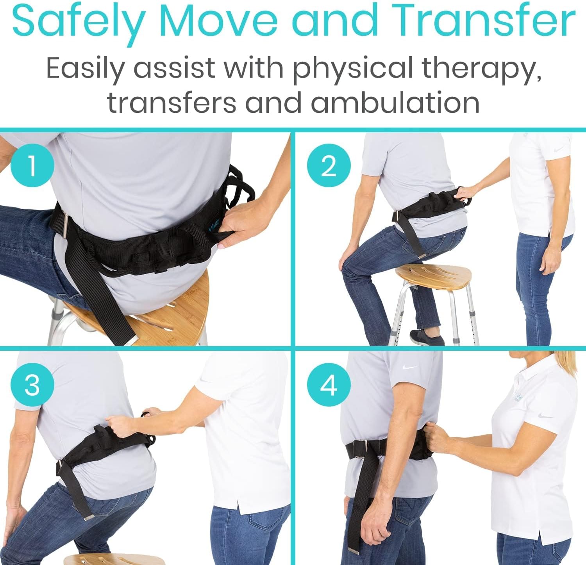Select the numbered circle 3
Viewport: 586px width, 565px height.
(x=32, y=384)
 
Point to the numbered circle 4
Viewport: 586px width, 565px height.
(x=329, y=384)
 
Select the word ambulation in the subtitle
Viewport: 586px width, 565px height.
(x=395, y=103)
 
